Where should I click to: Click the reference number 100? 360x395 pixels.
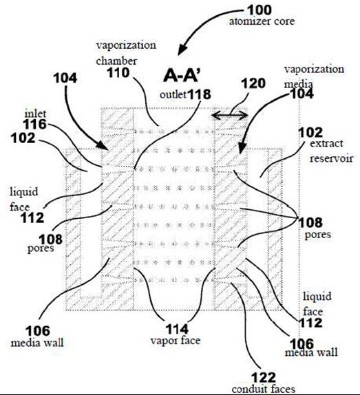tap(260, 10)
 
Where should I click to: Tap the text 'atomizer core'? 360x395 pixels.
tap(262, 21)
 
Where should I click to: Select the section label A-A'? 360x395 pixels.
tap(182, 75)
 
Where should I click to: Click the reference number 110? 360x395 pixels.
tap(118, 73)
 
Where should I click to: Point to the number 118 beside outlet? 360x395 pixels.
tap(200, 94)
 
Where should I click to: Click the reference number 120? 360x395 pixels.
tap(253, 83)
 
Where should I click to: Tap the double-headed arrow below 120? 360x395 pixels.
tap(230, 116)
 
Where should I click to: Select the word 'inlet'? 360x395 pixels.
tap(35, 114)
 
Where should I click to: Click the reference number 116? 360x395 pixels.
tap(35, 124)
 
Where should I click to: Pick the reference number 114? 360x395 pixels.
tap(177, 329)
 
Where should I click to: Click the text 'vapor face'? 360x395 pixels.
tap(176, 341)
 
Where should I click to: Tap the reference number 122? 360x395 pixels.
tap(264, 378)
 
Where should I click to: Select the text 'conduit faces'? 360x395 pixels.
tap(264, 389)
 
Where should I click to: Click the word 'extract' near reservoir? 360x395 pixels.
tap(326, 144)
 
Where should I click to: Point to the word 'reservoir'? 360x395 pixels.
tap(331, 158)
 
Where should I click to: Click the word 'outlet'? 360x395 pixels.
tap(173, 95)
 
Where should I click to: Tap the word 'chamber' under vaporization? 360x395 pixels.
tap(116, 61)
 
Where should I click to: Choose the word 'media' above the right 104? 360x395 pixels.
tap(299, 84)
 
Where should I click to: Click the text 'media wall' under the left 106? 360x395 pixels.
tap(37, 343)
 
